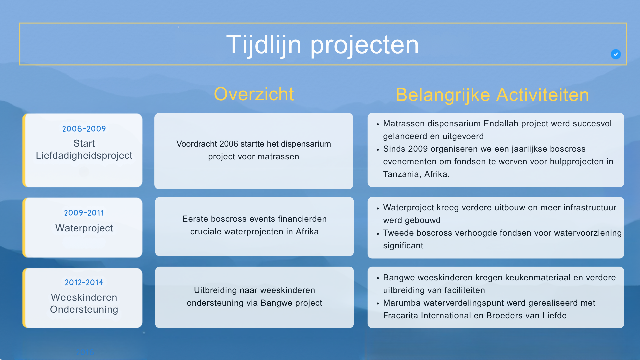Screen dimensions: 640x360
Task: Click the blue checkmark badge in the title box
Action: [x=616, y=54]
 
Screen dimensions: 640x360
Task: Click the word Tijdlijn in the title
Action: [x=264, y=45]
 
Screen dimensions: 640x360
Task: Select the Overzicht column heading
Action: [x=254, y=94]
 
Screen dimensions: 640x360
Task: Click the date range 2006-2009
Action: [x=84, y=129]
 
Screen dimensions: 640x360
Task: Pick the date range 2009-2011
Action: [x=84, y=213]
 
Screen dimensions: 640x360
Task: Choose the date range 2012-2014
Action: [x=84, y=283]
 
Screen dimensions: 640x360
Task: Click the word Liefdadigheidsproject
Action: [x=84, y=156]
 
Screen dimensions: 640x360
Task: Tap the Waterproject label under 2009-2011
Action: [x=84, y=228]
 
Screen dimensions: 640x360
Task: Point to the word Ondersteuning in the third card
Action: [x=84, y=310]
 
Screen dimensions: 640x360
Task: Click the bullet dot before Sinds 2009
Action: [x=378, y=150]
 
